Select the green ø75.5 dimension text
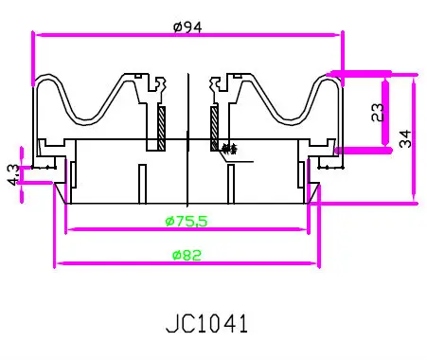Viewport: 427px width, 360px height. click(187, 221)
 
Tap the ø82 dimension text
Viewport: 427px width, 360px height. click(186, 255)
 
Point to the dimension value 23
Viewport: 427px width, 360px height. click(378, 112)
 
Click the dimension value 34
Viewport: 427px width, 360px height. click(404, 138)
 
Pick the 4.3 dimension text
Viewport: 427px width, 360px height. click(12, 174)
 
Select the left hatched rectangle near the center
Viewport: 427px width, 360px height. click(161, 127)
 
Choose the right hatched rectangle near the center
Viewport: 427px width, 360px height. click(215, 127)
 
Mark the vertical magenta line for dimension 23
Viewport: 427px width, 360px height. click(386, 112)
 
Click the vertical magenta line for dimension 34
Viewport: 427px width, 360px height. click(415, 138)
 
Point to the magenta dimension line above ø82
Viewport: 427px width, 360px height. click(186, 263)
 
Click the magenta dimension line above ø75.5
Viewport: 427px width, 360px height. click(187, 229)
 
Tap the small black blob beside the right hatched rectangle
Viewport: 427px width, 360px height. click(226, 147)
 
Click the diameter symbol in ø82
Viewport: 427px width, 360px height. click(175, 255)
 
